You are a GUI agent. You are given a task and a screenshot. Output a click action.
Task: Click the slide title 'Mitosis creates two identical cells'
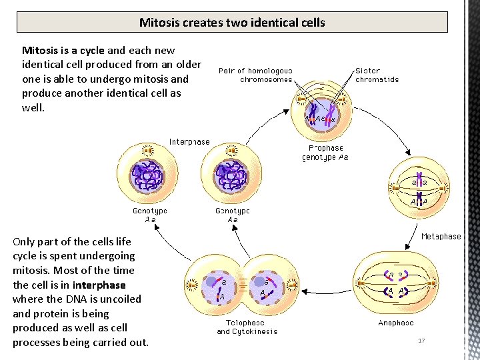[232, 23]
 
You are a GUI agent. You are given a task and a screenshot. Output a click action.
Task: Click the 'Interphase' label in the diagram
[189, 141]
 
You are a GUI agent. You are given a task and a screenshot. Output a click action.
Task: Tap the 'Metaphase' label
[441, 236]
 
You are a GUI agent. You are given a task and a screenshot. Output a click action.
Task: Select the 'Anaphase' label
[395, 323]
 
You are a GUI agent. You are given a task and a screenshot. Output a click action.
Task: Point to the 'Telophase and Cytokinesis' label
[247, 327]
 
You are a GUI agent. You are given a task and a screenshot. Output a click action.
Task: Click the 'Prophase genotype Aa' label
[325, 153]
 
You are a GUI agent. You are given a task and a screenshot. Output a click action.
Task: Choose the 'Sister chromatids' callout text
[377, 75]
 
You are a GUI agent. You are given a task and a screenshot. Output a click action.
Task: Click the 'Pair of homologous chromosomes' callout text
[255, 75]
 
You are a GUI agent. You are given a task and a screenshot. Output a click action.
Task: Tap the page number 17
[421, 341]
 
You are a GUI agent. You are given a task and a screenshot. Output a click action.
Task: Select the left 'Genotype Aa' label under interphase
[149, 215]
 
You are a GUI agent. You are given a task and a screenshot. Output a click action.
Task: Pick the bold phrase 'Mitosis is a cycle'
[63, 50]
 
